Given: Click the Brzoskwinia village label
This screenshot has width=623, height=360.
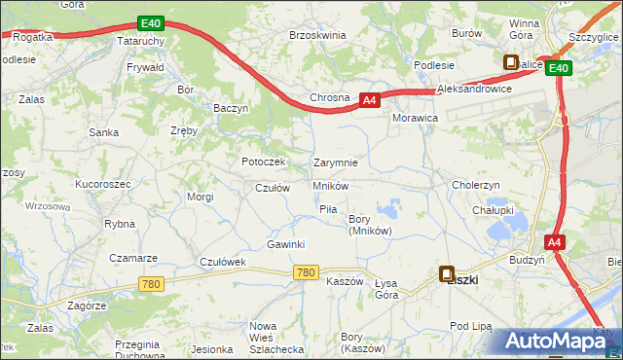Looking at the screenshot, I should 317,35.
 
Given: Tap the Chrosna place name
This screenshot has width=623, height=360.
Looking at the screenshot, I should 329,98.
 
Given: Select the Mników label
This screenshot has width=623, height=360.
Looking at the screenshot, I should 331,185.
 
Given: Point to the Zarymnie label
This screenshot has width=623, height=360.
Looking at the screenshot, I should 336,162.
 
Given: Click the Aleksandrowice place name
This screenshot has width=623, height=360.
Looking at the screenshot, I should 475,89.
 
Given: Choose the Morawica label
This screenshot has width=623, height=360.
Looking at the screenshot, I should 415,117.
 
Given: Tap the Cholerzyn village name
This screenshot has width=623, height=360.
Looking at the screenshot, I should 476,185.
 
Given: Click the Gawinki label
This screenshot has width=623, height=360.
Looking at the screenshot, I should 287,244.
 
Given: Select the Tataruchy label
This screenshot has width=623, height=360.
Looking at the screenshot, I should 143,44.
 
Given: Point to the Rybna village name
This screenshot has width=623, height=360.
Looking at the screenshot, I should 119,224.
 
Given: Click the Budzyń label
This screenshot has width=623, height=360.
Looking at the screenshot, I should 527,261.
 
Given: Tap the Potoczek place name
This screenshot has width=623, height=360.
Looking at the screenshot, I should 263,162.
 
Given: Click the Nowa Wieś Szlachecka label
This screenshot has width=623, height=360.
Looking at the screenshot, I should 276,337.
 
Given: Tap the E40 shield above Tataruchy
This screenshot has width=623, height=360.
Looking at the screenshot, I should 149,23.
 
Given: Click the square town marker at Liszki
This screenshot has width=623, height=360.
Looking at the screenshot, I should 447,274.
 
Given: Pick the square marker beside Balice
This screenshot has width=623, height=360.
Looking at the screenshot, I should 511,62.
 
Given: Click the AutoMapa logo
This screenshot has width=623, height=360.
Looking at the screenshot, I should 553,341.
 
